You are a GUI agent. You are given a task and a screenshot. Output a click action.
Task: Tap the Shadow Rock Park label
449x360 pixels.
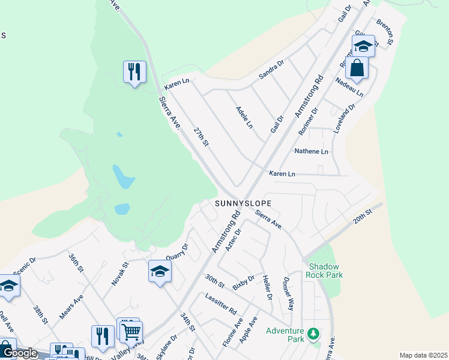(x=325, y=271)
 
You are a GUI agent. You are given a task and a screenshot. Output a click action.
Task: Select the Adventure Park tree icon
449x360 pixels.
(x=312, y=332)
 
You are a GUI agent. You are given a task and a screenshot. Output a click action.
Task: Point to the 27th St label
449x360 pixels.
(x=201, y=137)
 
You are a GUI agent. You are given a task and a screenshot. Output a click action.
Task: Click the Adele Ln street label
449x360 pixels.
(x=245, y=118)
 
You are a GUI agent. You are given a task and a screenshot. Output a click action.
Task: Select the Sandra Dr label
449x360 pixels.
(x=271, y=71)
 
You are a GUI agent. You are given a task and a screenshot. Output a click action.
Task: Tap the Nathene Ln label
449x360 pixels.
(x=312, y=152)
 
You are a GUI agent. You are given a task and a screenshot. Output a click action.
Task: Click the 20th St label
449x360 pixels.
(x=364, y=217)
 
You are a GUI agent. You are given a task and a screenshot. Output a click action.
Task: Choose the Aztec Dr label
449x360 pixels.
(x=234, y=239)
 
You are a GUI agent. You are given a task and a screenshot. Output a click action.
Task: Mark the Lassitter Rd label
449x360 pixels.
(x=221, y=306)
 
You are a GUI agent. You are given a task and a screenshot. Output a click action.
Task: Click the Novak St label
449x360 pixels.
(x=120, y=272)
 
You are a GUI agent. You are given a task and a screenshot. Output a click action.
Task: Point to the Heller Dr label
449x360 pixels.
(x=268, y=289)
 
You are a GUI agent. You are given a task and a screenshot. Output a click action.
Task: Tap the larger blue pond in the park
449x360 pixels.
(x=124, y=178)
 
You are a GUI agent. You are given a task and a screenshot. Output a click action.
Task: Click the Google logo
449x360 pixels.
(x=19, y=353)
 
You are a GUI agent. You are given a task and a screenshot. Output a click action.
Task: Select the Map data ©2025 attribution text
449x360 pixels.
(x=423, y=355)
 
